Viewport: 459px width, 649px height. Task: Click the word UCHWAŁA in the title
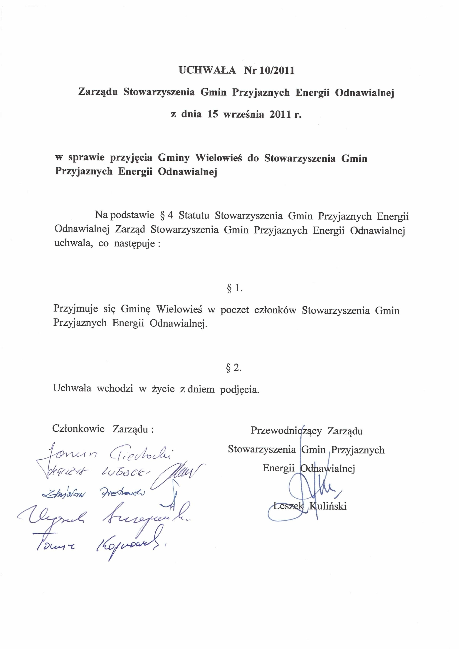(x=207, y=70)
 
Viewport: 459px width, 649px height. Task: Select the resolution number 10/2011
(x=277, y=70)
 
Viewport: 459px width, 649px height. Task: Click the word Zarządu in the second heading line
(x=98, y=93)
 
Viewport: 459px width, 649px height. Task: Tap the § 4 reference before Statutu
(x=167, y=216)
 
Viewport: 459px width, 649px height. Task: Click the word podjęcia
(x=239, y=390)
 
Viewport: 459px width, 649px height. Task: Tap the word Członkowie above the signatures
(x=78, y=429)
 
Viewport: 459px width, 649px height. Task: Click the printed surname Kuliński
(x=328, y=506)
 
